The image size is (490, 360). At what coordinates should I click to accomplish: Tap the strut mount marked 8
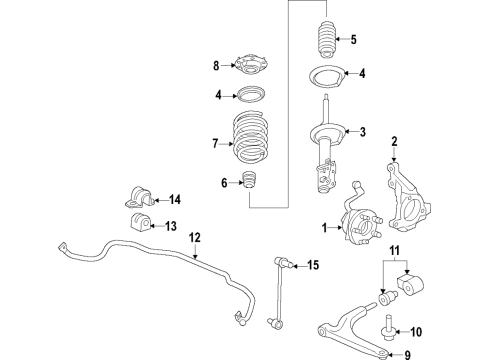tap(249, 68)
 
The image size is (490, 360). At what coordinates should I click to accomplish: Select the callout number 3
tap(364, 131)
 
